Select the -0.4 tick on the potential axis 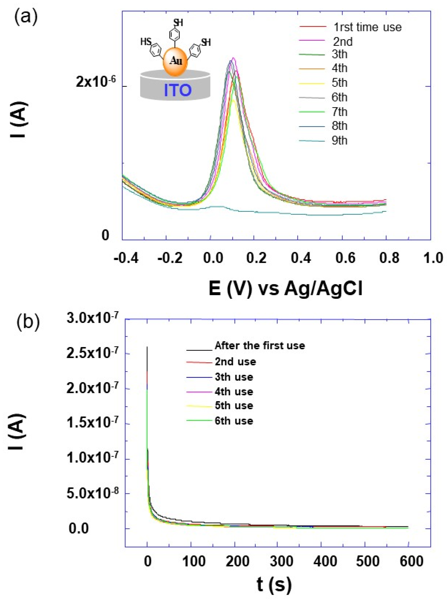click(126, 258)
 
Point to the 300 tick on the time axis click(281, 562)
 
